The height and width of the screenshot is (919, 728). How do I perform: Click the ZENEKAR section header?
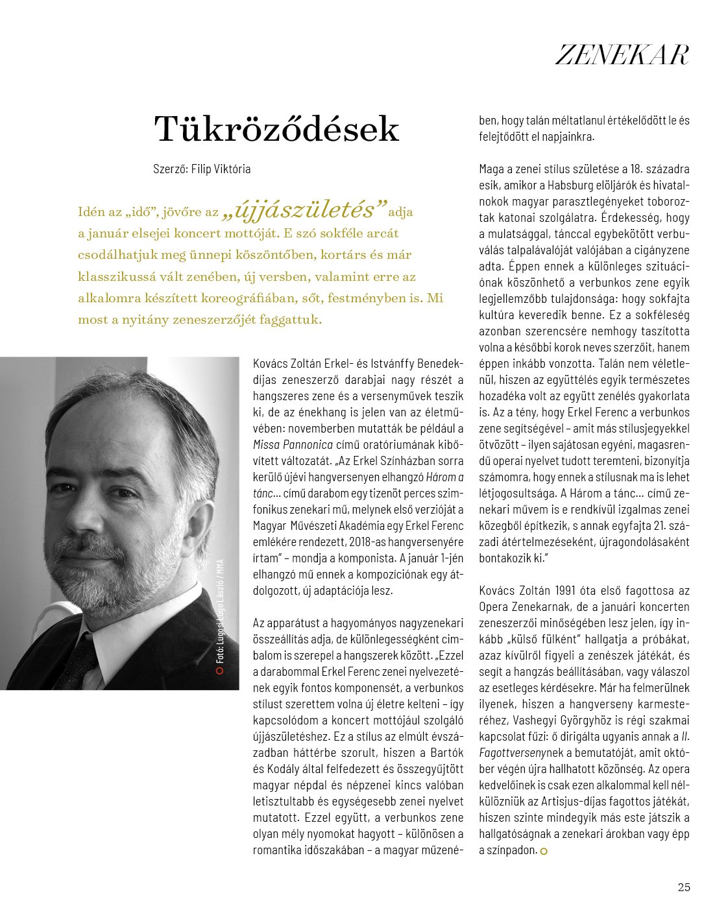[x=622, y=55]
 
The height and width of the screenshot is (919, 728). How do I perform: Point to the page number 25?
[x=683, y=887]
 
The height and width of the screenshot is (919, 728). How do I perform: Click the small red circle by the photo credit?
[x=220, y=671]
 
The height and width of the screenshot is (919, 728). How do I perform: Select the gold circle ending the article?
[x=544, y=852]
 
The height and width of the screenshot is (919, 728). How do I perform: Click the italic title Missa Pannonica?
[x=293, y=445]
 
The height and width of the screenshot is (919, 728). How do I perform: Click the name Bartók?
[x=447, y=753]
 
